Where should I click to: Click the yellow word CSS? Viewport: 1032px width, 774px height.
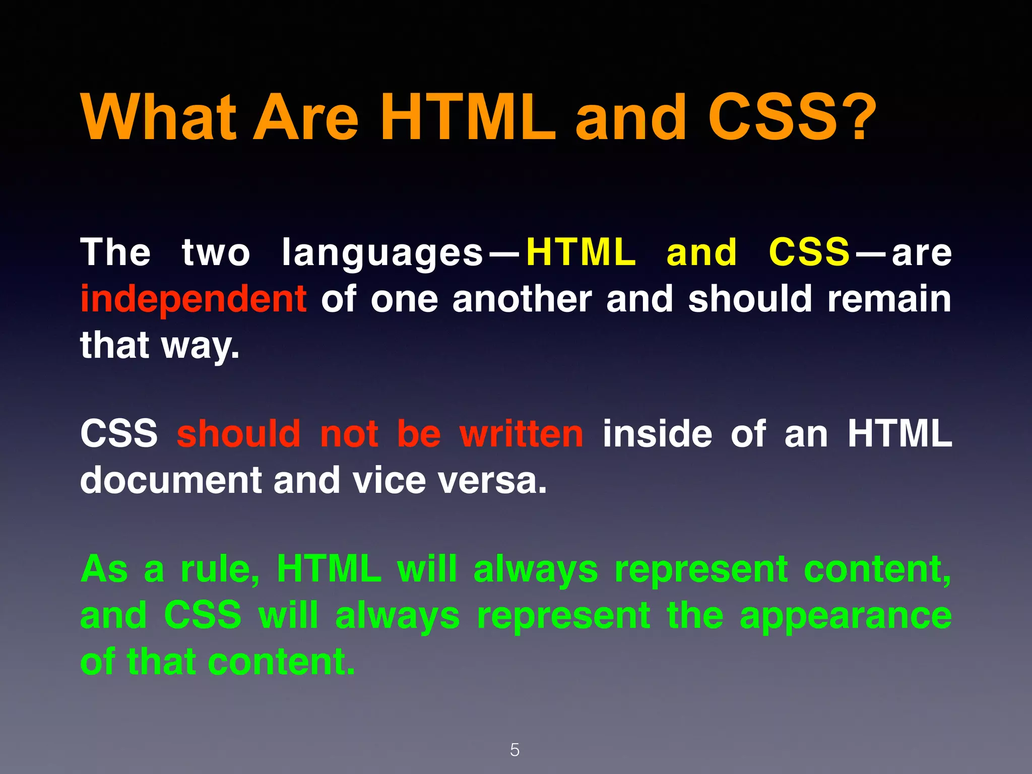pyautogui.click(x=809, y=252)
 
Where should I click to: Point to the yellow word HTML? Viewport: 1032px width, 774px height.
pyautogui.click(x=580, y=252)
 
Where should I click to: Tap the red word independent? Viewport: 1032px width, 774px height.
pyautogui.click(x=193, y=299)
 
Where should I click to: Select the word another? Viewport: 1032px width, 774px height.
pyautogui.click(x=522, y=299)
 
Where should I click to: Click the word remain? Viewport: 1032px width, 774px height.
pyautogui.click(x=889, y=299)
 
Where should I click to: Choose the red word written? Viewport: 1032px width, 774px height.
pyautogui.click(x=521, y=433)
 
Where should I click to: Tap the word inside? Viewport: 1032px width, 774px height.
pyautogui.click(x=657, y=433)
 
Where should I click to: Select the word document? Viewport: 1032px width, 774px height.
pyautogui.click(x=170, y=480)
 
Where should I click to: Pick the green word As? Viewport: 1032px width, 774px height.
pyautogui.click(x=104, y=569)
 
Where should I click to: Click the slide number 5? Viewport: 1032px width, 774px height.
pyautogui.click(x=514, y=750)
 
